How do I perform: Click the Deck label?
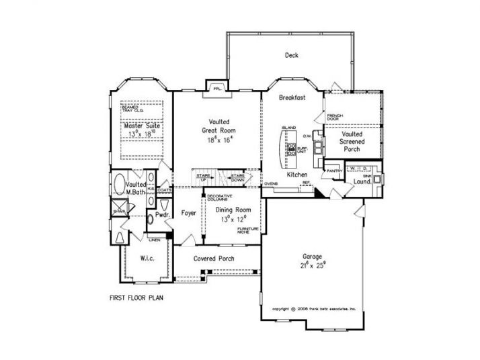[291, 56]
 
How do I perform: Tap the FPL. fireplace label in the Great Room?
[217, 89]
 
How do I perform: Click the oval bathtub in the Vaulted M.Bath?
[120, 182]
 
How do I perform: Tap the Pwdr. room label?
[161, 215]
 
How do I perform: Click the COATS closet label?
[165, 190]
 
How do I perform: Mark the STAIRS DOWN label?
[237, 177]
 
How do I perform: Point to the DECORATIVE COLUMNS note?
[219, 198]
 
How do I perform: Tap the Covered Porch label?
[214, 259]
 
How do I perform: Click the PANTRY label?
[335, 171]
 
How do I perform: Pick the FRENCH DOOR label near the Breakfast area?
[335, 118]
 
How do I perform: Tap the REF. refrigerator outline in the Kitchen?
[305, 182]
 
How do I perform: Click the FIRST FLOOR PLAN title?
[137, 296]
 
